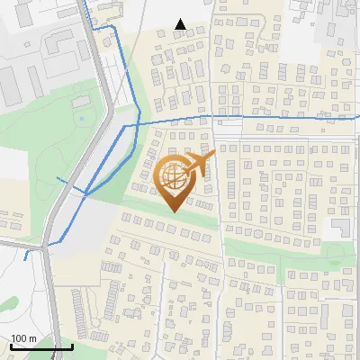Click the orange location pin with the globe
(x=176, y=180)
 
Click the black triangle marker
(x=180, y=24)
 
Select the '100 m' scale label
(x=23, y=337)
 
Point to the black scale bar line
(x=41, y=346)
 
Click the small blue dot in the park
(x=81, y=118)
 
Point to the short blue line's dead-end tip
(x=25, y=257)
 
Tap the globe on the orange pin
(x=175, y=175)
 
